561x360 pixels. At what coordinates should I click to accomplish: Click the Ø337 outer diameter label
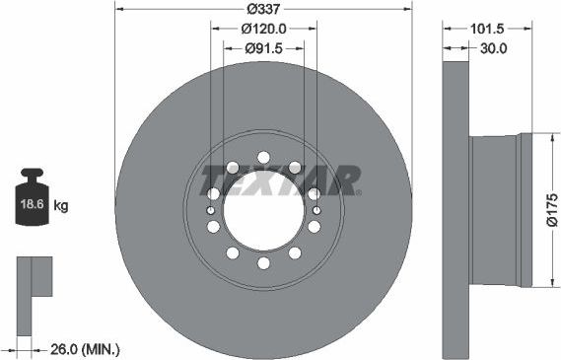pos(263,8)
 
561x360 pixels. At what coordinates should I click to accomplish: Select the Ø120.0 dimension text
pos(263,30)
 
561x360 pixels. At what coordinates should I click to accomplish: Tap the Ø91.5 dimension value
pos(263,48)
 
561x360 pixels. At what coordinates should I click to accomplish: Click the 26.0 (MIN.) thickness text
pos(84,348)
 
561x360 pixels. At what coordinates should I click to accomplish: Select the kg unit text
pos(61,206)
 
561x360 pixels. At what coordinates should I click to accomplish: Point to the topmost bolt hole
pos(263,158)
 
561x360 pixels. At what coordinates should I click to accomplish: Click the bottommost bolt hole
pos(263,262)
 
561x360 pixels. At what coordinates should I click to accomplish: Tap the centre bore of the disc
pos(263,211)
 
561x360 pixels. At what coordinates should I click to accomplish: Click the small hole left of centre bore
pos(211,210)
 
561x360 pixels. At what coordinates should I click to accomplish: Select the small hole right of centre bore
pos(316,210)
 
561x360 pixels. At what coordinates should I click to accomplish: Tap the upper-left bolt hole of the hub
pos(233,167)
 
